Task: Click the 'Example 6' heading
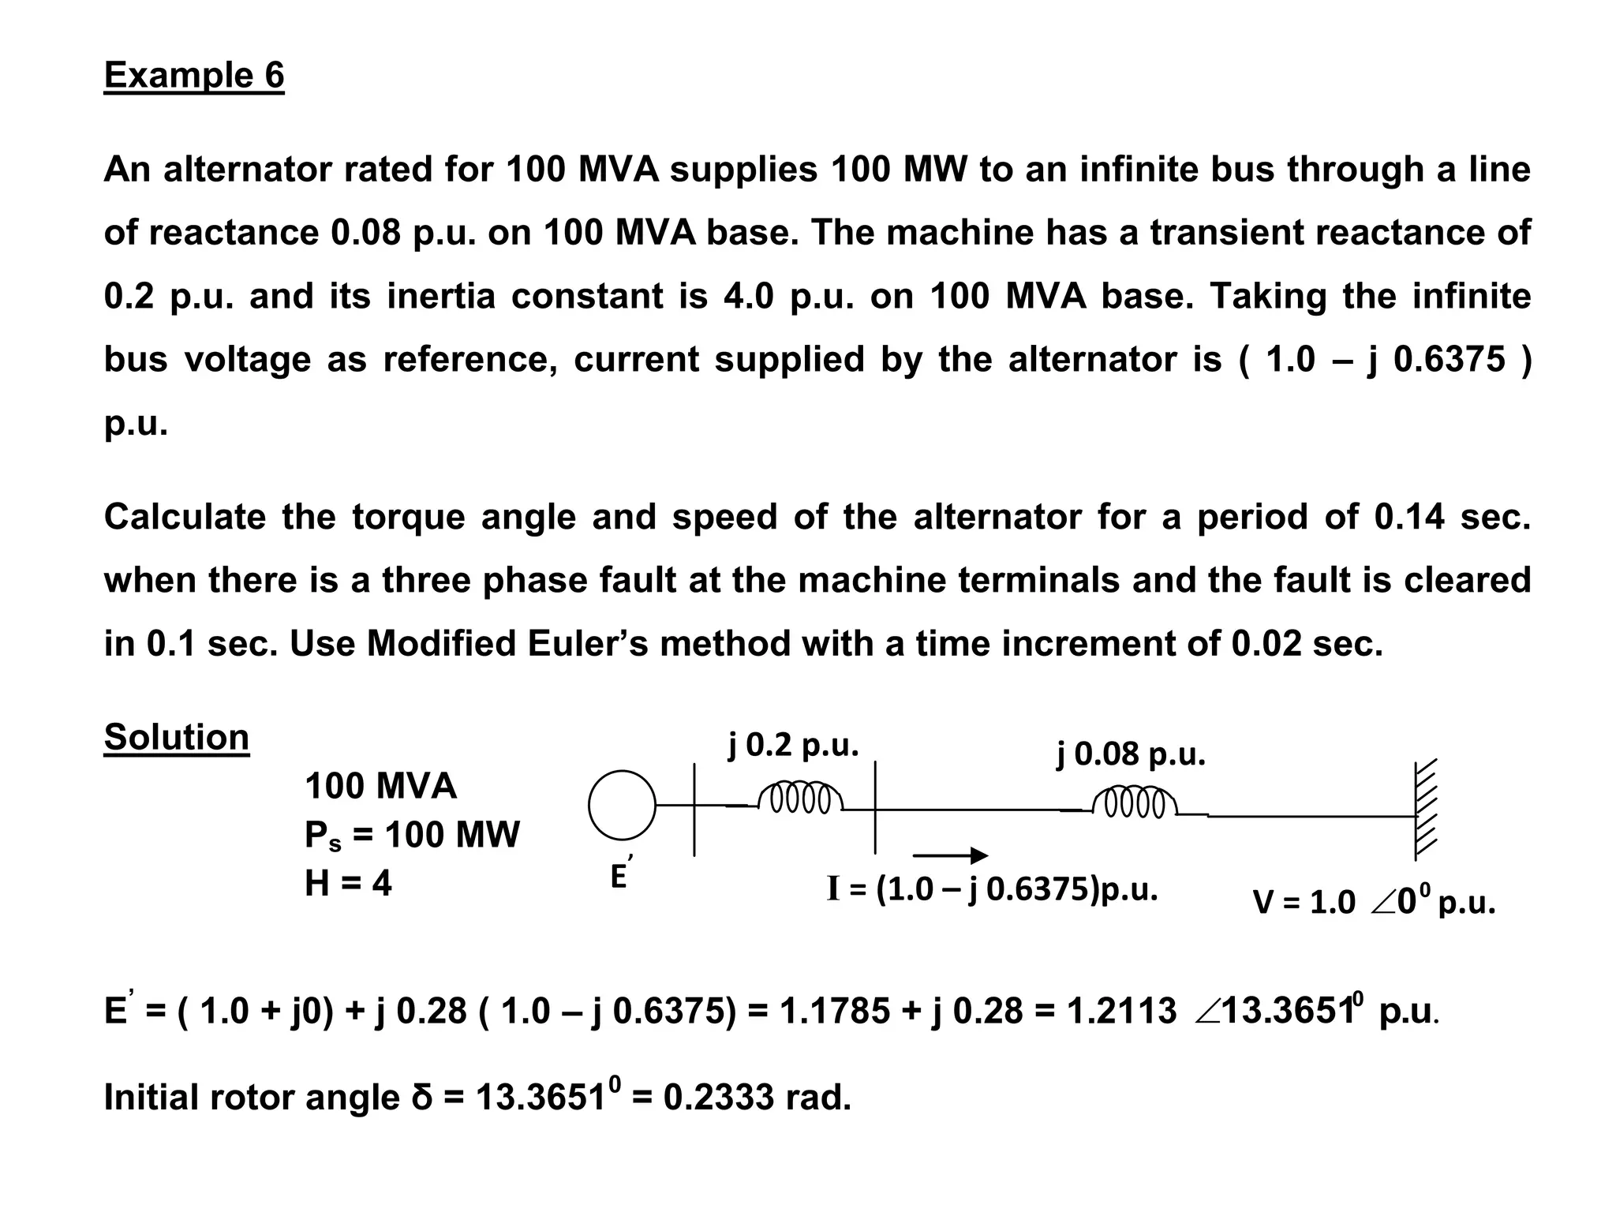point(193,76)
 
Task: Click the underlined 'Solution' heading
point(176,737)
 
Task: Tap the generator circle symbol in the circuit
point(622,805)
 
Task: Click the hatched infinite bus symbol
point(1424,810)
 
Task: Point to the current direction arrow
point(950,855)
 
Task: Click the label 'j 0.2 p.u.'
point(792,744)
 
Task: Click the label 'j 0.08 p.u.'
point(1131,754)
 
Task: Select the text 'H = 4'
point(348,883)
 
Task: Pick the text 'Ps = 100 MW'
point(412,835)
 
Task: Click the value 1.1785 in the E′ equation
point(833,1011)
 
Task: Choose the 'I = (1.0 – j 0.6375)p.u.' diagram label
point(992,889)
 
